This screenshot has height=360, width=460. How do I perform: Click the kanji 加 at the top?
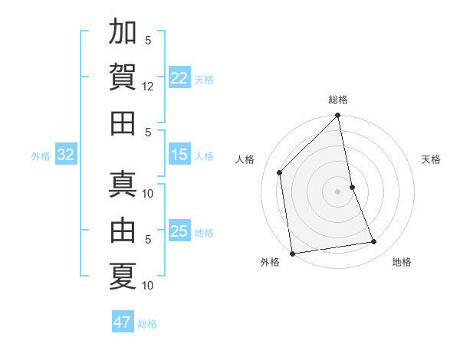(x=123, y=34)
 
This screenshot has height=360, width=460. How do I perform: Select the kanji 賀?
(x=123, y=77)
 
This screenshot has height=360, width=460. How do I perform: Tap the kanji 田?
(x=123, y=123)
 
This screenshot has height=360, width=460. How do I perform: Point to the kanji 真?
(x=123, y=185)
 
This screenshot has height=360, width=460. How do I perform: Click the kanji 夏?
(x=123, y=276)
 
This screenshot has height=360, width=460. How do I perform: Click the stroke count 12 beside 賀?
(x=148, y=87)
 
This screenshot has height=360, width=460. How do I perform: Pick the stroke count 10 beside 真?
(x=148, y=193)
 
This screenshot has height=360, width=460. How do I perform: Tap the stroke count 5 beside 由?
(x=148, y=239)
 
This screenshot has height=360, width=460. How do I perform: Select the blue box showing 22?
(x=179, y=78)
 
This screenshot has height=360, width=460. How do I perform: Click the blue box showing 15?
(x=179, y=155)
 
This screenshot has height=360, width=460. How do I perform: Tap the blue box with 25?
(x=179, y=231)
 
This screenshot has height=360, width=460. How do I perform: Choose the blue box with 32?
(x=66, y=155)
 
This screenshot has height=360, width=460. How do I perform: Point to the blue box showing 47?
(x=123, y=322)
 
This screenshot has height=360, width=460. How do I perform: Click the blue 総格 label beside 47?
(x=147, y=324)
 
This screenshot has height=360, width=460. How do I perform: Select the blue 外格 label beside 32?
(x=41, y=156)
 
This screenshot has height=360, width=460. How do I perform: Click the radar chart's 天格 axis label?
(x=431, y=159)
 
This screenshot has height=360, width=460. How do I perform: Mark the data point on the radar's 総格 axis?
(x=338, y=116)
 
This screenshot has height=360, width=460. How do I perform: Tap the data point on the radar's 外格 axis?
(x=292, y=253)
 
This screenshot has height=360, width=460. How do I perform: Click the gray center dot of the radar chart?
(x=338, y=191)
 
